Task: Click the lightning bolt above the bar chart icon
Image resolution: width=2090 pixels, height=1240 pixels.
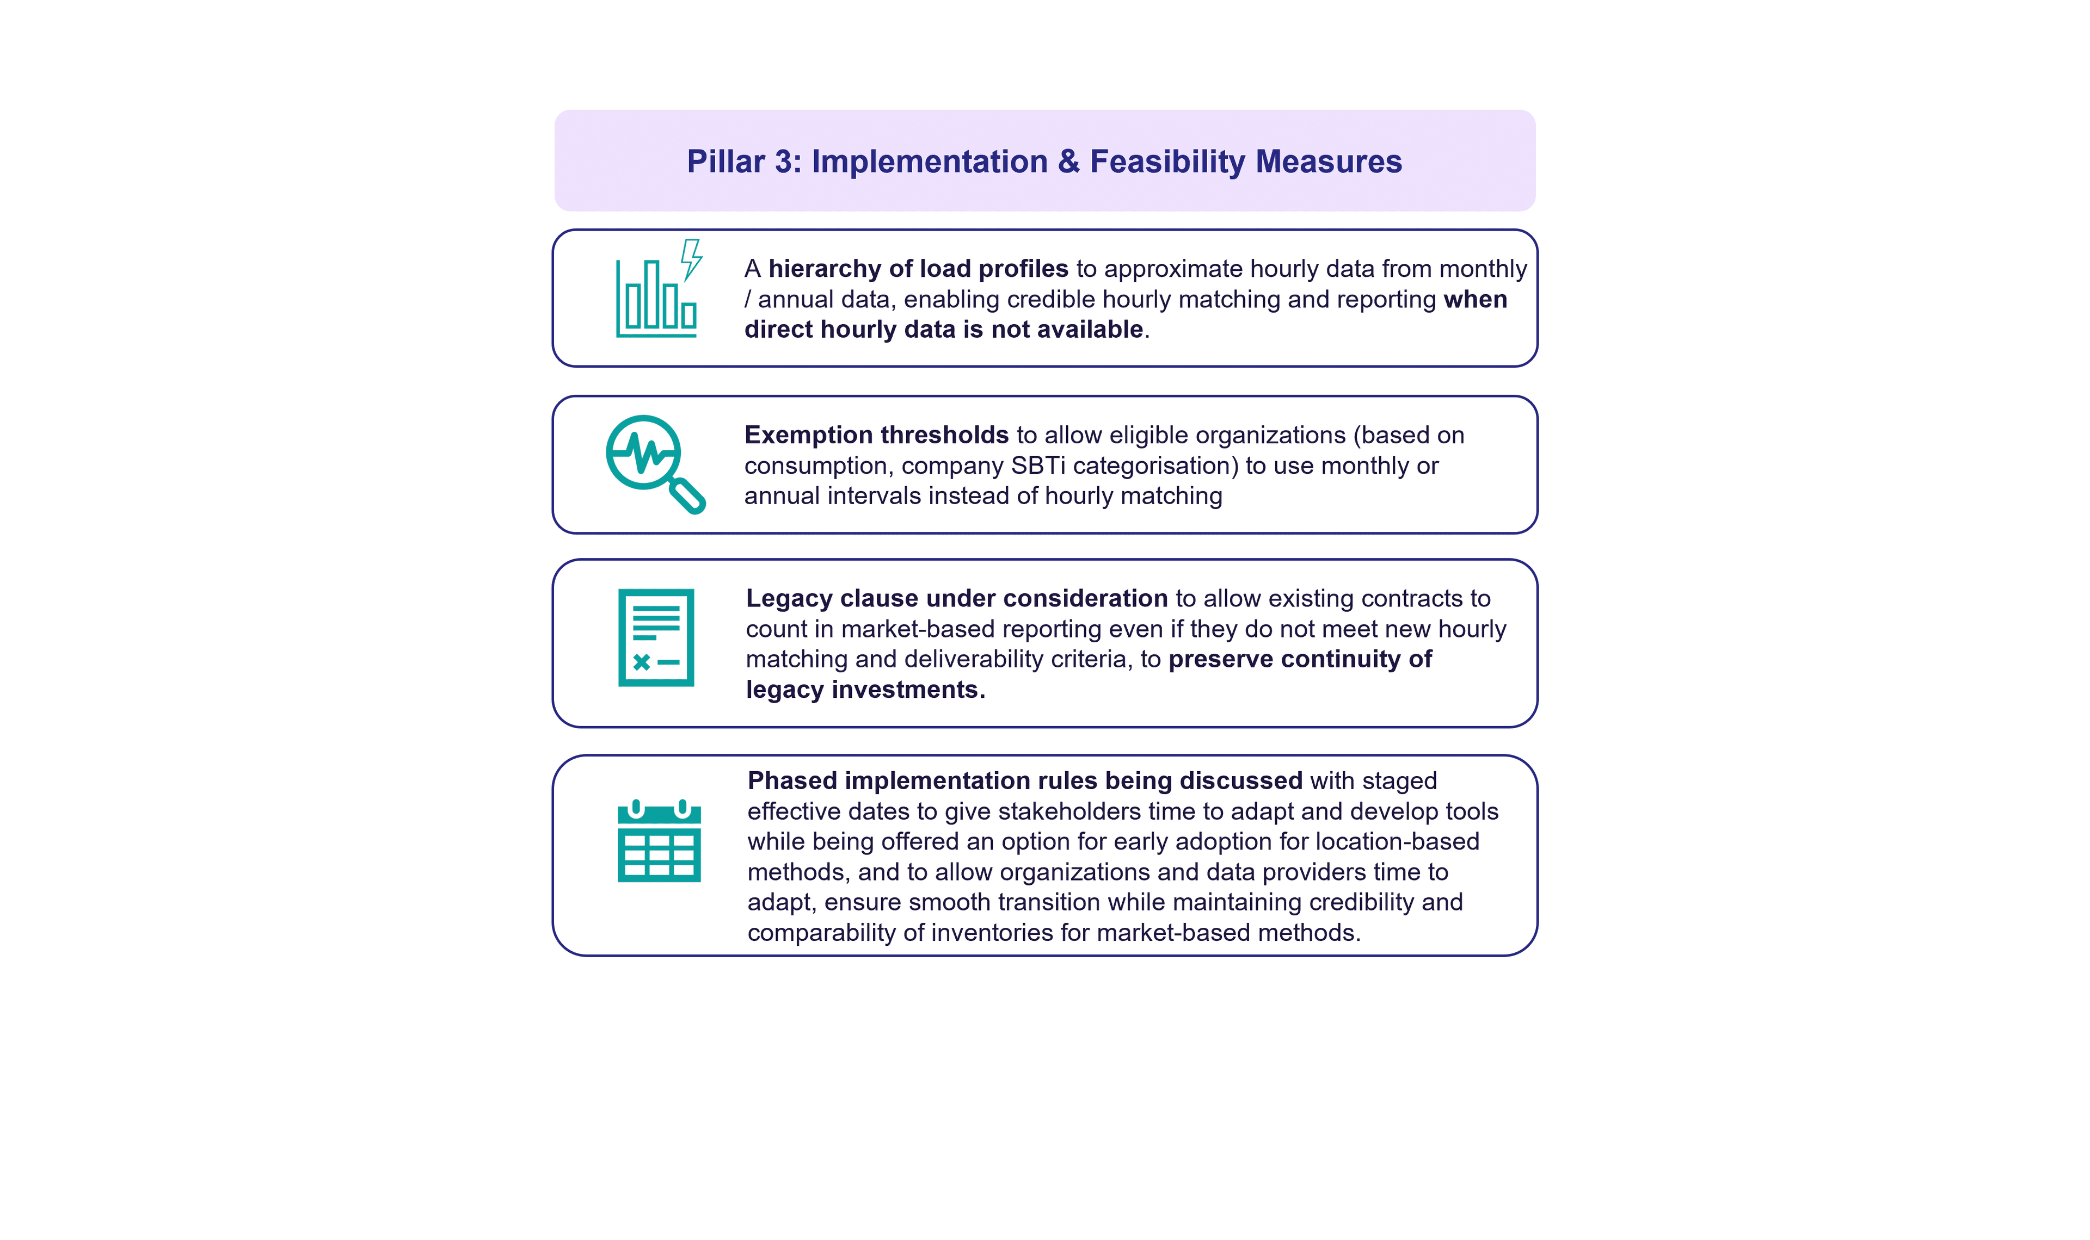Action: click(691, 259)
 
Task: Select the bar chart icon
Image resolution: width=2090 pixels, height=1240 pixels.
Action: click(657, 300)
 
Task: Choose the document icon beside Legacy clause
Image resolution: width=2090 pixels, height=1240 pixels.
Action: click(656, 637)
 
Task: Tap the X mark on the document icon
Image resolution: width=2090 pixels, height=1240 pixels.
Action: click(641, 662)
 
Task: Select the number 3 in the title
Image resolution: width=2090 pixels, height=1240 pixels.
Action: click(783, 162)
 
